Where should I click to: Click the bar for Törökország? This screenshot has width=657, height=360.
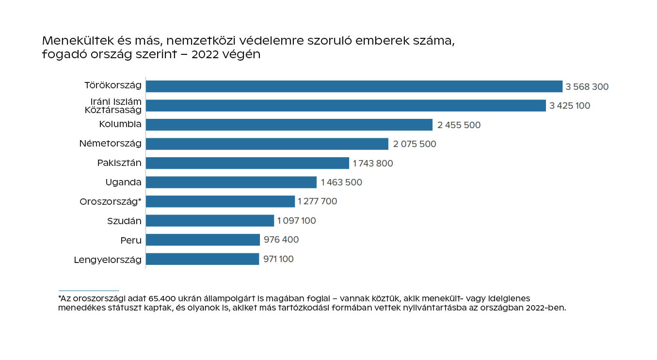(354, 86)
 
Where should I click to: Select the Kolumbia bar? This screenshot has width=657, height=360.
(289, 125)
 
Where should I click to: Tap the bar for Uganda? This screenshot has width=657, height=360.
(231, 182)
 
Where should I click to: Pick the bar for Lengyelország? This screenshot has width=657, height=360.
(203, 259)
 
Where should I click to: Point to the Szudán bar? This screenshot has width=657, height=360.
(210, 221)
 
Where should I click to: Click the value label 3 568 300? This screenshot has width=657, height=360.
(587, 87)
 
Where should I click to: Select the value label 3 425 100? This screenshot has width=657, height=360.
(570, 106)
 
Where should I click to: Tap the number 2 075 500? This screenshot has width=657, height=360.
(414, 144)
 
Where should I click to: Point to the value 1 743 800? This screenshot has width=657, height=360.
(373, 164)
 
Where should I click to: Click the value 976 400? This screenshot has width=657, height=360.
(281, 240)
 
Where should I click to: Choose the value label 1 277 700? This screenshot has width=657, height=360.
(318, 201)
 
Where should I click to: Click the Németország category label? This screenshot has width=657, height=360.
(111, 144)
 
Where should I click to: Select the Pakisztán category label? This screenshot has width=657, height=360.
(119, 163)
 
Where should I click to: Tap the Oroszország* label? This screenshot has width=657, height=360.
(111, 201)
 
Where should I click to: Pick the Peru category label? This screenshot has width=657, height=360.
(131, 240)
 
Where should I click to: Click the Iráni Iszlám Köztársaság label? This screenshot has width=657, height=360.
(113, 105)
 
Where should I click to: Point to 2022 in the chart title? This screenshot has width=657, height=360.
(208, 54)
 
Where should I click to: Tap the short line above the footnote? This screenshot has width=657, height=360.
(88, 291)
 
